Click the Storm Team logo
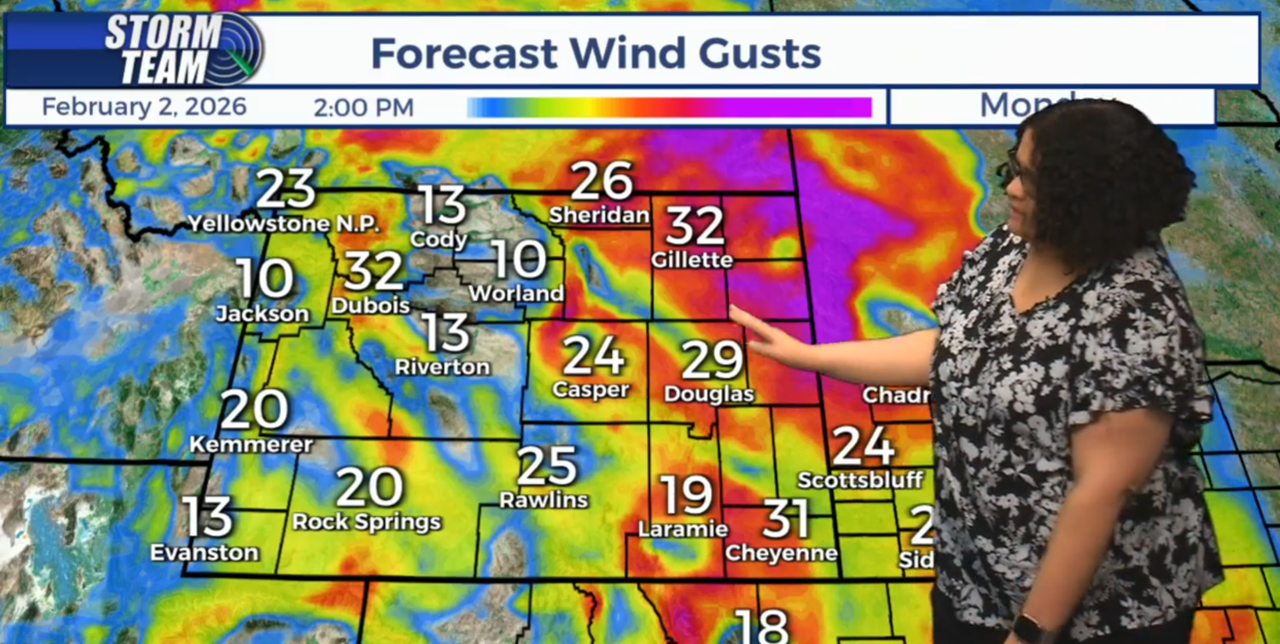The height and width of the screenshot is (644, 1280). point(183,49)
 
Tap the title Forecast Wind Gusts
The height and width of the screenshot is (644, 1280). point(596,54)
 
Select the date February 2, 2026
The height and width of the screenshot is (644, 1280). point(143,107)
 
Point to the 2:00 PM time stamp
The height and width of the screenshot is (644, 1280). point(364,107)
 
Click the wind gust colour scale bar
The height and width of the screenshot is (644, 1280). point(669,107)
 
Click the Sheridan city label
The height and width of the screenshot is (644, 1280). point(599,215)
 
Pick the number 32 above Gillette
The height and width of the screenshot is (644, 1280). point(695,226)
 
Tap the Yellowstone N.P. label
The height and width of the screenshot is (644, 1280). point(283,223)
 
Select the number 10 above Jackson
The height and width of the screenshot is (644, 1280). point(265,278)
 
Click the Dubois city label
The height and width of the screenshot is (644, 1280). point(370,305)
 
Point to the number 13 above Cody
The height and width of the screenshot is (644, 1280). point(442,206)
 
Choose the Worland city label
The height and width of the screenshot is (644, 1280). point(515,293)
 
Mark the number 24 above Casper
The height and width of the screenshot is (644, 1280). point(593,356)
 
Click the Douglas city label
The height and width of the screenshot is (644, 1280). point(708,394)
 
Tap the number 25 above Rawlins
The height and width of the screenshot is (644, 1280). point(547,466)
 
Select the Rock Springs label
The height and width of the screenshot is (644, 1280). point(367,521)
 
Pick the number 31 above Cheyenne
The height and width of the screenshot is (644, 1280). point(785,518)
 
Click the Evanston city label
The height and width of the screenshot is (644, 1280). point(204,553)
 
